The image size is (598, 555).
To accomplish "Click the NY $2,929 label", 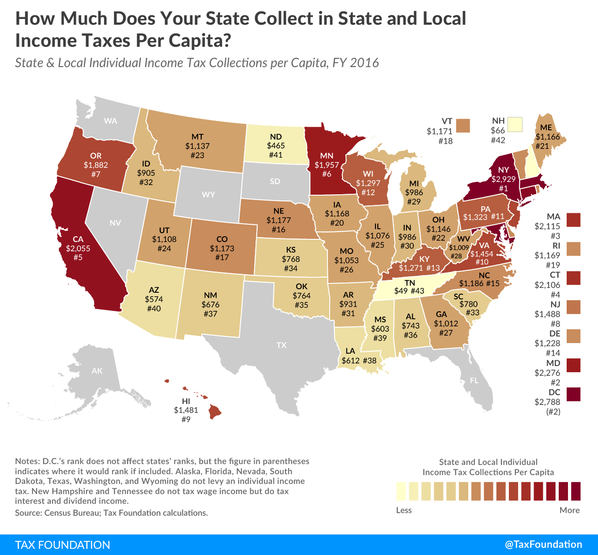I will pyautogui.click(x=503, y=179).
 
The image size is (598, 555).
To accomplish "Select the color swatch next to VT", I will pyautogui.click(x=463, y=125).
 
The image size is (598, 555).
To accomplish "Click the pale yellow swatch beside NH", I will pyautogui.click(x=515, y=125).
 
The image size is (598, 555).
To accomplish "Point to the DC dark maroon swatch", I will pyautogui.click(x=574, y=394).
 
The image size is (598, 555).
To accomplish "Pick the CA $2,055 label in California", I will pyautogui.click(x=78, y=248).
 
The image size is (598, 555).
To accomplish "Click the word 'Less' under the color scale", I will pyautogui.click(x=404, y=510).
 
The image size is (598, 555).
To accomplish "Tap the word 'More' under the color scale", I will pyautogui.click(x=569, y=510).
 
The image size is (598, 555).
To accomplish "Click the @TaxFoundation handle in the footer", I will pyautogui.click(x=543, y=544).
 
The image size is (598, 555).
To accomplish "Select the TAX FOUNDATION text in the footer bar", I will pyautogui.click(x=63, y=544).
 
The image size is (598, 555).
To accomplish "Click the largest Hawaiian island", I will pyautogui.click(x=215, y=412).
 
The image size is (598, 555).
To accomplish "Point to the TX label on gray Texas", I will pyautogui.click(x=282, y=345).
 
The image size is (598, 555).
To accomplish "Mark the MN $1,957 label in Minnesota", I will pyautogui.click(x=327, y=165).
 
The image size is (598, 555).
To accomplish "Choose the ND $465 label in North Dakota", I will pyautogui.click(x=276, y=145).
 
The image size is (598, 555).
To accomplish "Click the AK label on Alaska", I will pyautogui.click(x=97, y=370).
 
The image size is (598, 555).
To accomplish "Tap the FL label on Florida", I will pyautogui.click(x=474, y=380).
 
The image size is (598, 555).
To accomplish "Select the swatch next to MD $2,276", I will pyautogui.click(x=574, y=365).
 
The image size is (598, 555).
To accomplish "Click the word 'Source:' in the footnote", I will pyautogui.click(x=29, y=513).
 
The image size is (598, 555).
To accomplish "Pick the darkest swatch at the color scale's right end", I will pyautogui.click(x=575, y=491).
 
